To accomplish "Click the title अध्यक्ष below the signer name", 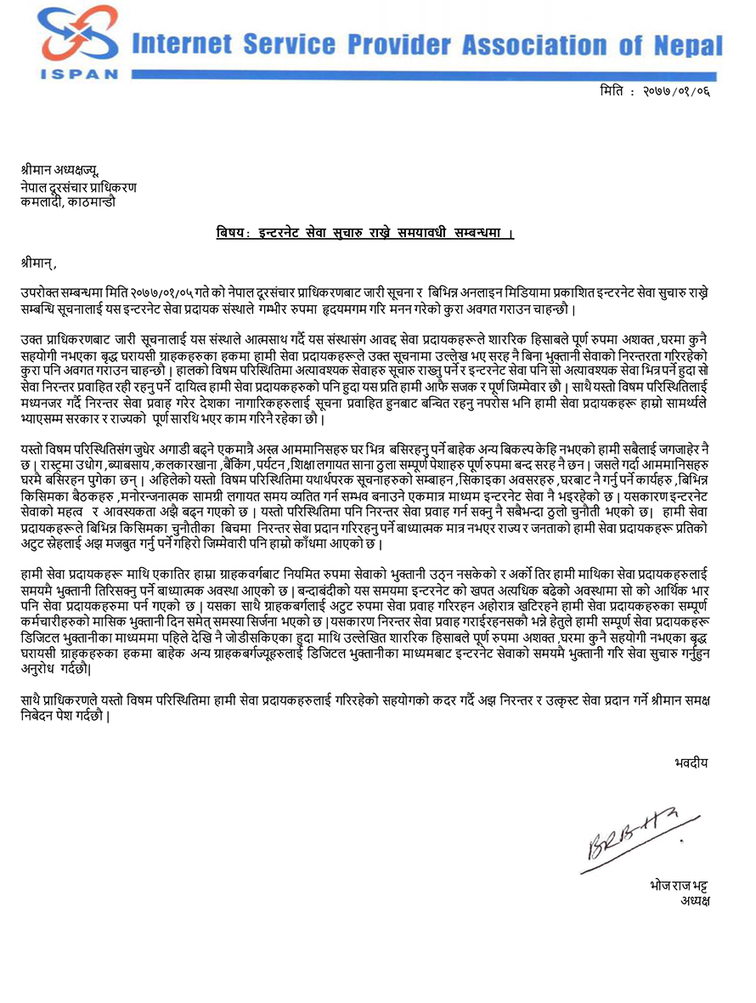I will pos(694,900).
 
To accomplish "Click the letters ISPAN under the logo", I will pos(79,75).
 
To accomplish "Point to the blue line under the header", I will pos(425,76).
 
